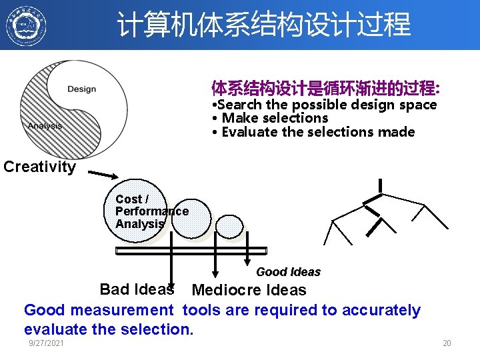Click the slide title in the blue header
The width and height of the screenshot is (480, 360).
[264, 25]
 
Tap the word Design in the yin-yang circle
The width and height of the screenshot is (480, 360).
[81, 89]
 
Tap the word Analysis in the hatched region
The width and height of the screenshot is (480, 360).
[45, 126]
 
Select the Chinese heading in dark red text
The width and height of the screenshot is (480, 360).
[325, 88]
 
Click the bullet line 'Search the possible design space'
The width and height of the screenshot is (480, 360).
[323, 105]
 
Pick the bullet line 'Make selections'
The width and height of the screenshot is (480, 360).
[269, 118]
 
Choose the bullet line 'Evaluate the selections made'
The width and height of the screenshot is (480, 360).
[313, 132]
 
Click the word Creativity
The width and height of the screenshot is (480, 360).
[39, 167]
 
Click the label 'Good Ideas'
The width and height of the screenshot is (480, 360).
[288, 272]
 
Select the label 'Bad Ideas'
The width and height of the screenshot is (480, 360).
[136, 289]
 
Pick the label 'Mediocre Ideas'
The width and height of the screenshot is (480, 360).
[249, 291]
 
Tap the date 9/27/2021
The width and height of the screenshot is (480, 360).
[47, 343]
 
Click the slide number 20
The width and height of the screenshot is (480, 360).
[447, 343]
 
